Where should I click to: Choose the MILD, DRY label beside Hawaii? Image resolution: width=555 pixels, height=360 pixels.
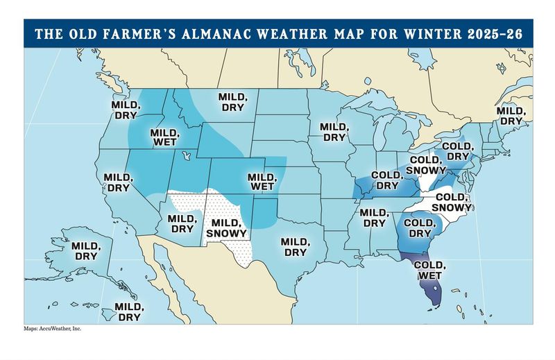(x=128, y=311)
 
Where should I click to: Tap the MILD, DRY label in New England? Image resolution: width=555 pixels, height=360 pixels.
(x=510, y=115)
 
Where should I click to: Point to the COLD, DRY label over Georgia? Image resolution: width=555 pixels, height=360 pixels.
(x=419, y=228)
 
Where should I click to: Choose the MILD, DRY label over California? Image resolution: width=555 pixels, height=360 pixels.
(x=117, y=182)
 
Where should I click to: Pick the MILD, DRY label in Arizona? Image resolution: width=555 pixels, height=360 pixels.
(x=182, y=223)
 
